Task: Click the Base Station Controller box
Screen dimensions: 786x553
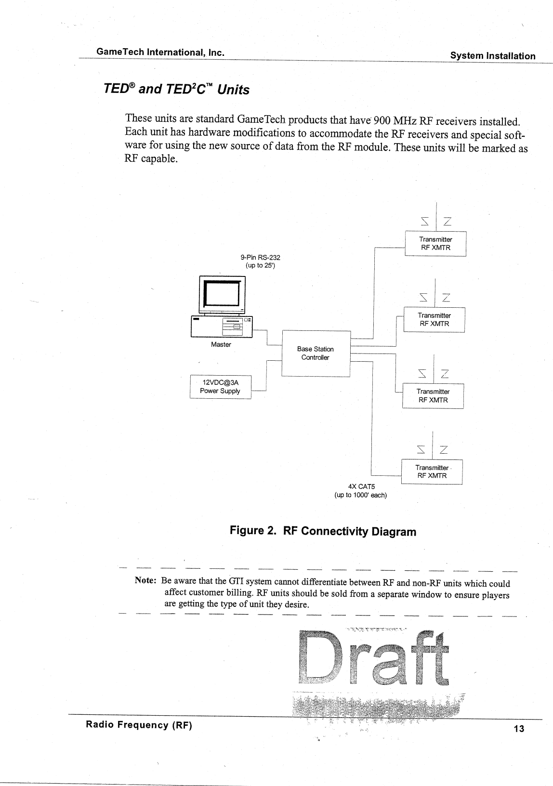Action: pyautogui.click(x=316, y=353)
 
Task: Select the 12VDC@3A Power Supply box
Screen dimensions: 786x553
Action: pyautogui.click(x=221, y=386)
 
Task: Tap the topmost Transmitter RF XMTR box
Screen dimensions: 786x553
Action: pyautogui.click(x=435, y=244)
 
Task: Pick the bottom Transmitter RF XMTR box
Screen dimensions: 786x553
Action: pyautogui.click(x=432, y=472)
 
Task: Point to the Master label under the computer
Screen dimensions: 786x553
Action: pyautogui.click(x=221, y=344)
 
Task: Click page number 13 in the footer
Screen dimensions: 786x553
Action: pyautogui.click(x=518, y=728)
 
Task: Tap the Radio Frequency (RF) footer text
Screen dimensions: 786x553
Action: pyautogui.click(x=139, y=725)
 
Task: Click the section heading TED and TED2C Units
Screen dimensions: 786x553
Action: pyautogui.click(x=176, y=90)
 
